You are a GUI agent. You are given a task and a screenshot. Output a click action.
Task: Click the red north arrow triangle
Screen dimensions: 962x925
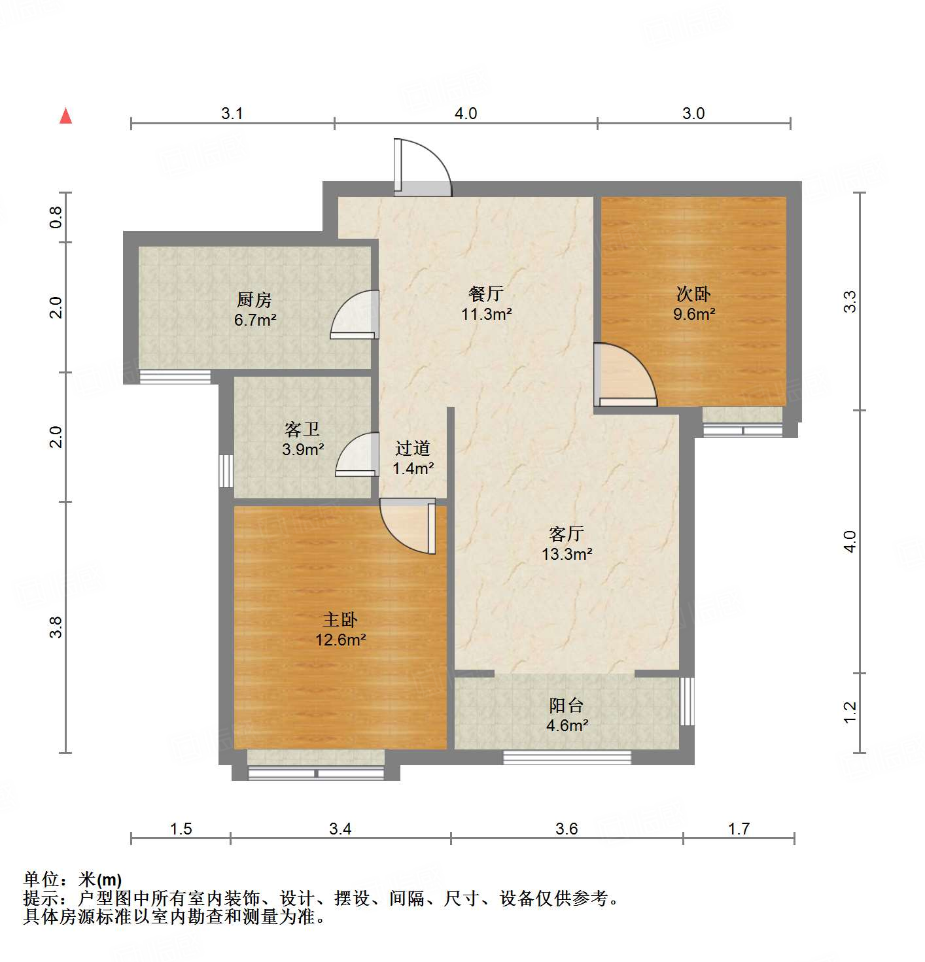pos(65,116)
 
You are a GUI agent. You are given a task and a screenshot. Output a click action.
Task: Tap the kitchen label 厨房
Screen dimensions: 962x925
pos(254,300)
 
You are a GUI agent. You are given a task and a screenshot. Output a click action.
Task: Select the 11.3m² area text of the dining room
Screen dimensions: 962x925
pos(486,314)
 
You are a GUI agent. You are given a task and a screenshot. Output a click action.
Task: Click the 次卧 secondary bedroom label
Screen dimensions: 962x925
pos(693,294)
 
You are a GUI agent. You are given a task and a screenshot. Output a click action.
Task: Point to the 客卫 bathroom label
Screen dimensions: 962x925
pos(302,430)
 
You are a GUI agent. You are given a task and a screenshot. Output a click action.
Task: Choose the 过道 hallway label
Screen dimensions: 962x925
pos(413,449)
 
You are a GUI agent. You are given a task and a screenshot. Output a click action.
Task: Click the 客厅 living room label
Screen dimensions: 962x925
pos(567,534)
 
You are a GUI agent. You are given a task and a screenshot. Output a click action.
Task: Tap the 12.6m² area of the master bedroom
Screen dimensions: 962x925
pos(340,640)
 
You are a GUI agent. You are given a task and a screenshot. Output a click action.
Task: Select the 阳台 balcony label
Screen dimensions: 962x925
pos(567,706)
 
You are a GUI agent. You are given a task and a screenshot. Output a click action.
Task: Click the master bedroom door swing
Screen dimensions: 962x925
pos(407,526)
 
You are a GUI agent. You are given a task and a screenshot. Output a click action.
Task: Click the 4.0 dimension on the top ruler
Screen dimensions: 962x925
pos(466,113)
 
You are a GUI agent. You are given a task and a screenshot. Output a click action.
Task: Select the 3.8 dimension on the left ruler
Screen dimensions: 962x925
pos(57,627)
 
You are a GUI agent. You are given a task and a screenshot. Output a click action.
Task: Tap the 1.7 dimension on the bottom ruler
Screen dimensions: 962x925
pos(739,829)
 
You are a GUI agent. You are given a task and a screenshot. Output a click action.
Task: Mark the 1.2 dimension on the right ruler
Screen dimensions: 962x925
pos(850,713)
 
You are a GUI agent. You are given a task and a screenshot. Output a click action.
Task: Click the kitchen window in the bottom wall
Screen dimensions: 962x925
pos(175,377)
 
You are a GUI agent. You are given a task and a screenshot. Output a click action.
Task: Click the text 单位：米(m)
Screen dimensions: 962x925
pos(73,880)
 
